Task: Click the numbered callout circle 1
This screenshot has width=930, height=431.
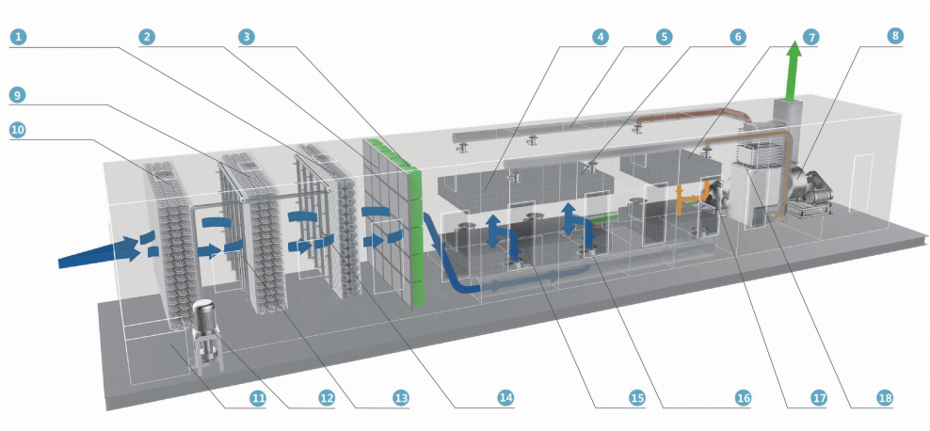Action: pos(19,37)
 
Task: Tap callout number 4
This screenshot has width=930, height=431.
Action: pos(600,37)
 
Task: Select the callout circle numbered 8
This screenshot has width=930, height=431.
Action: pos(893,37)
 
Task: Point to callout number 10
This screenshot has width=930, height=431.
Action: pos(19,131)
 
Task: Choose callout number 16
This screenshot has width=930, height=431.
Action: pos(744,398)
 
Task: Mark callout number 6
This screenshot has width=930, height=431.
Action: pos(736,37)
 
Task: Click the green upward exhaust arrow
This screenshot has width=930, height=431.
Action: pos(794,71)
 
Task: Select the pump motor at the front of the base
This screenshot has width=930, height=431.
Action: pos(206,325)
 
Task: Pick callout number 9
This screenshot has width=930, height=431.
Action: pos(19,94)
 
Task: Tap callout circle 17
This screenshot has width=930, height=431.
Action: pos(818,398)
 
